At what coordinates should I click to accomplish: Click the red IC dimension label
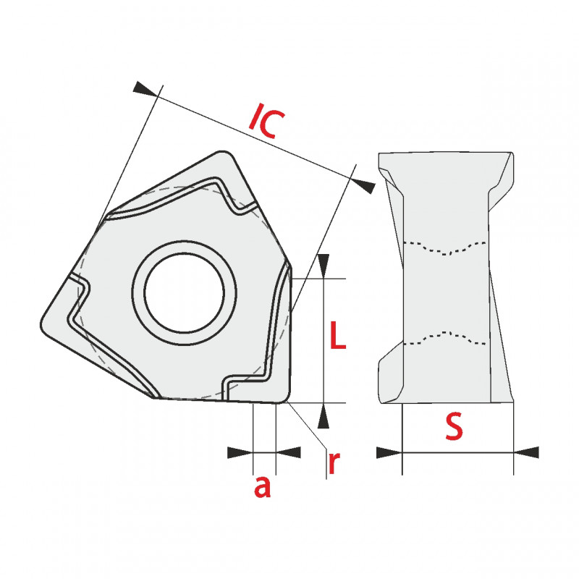(266, 121)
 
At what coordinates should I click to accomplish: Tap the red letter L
(337, 335)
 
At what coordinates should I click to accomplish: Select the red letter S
(454, 426)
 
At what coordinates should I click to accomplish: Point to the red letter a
(263, 486)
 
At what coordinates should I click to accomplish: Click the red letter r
(334, 463)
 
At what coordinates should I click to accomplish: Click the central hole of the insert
(185, 292)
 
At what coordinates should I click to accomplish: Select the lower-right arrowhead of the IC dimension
(363, 185)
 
